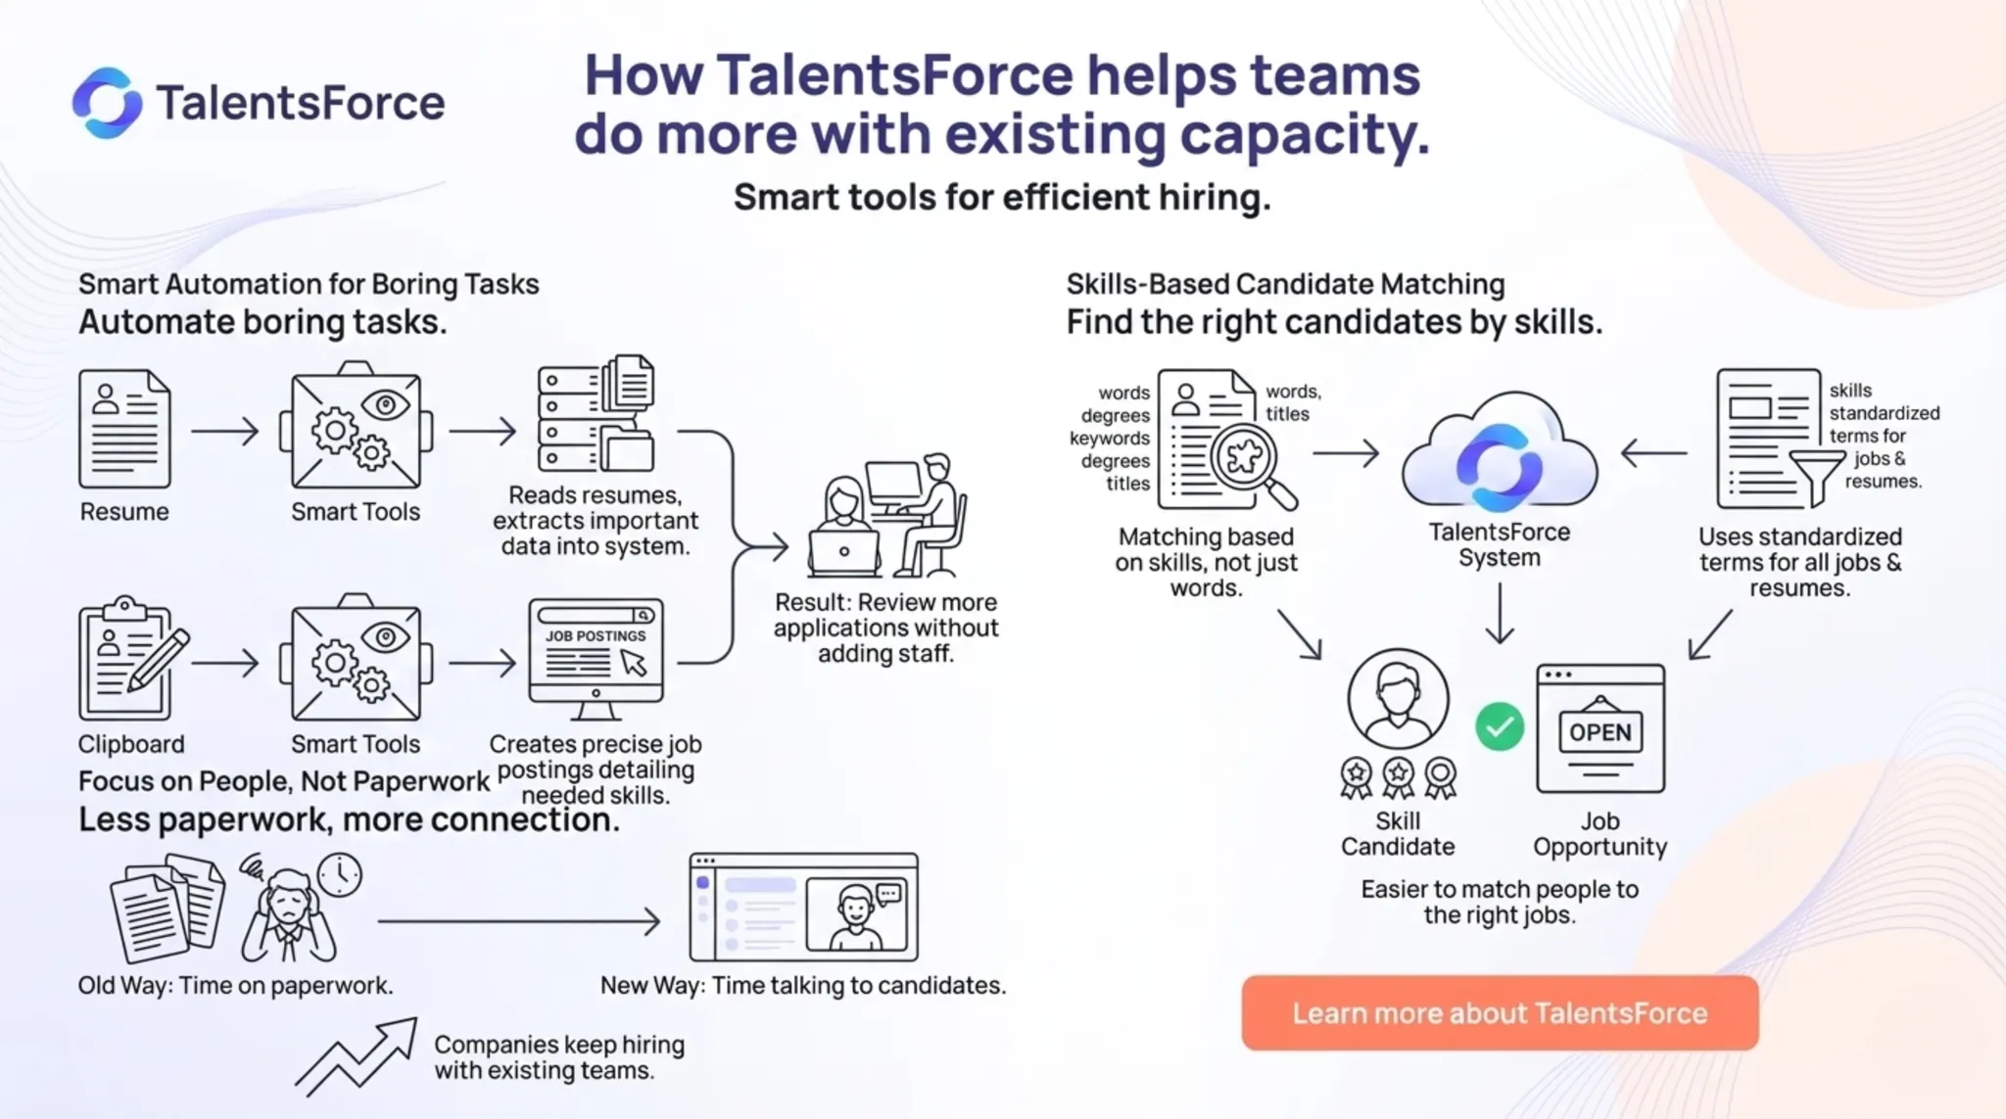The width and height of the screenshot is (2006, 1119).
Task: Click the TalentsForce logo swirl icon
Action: pyautogui.click(x=107, y=103)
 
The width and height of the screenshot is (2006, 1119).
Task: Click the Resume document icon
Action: pyautogui.click(x=124, y=429)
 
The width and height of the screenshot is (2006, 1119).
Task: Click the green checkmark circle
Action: pyautogui.click(x=1500, y=726)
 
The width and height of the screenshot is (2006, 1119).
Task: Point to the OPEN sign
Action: pyautogui.click(x=1600, y=731)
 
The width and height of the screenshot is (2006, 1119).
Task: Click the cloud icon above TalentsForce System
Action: pyautogui.click(x=1499, y=454)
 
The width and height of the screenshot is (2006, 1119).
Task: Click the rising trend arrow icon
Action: pyautogui.click(x=357, y=1056)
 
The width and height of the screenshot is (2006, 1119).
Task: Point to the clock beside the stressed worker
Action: pyautogui.click(x=339, y=874)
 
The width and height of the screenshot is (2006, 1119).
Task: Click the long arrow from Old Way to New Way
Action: pyautogui.click(x=519, y=921)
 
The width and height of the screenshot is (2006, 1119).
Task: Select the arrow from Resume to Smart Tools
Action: pyautogui.click(x=225, y=431)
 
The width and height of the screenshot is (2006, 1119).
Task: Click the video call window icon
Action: pyautogui.click(x=804, y=908)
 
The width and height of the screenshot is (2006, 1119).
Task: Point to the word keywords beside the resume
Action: pyautogui.click(x=1109, y=438)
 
